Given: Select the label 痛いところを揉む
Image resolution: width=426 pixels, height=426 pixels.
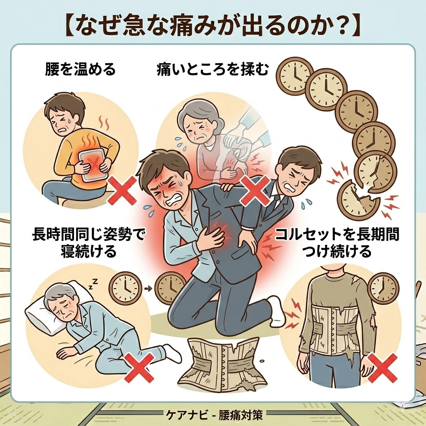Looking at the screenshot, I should [212, 69].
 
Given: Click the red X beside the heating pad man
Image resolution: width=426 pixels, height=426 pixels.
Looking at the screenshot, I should [121, 190].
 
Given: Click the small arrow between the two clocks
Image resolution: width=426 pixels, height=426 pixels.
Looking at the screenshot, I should [147, 287].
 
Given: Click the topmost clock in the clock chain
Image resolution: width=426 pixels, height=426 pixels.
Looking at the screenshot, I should [296, 75].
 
